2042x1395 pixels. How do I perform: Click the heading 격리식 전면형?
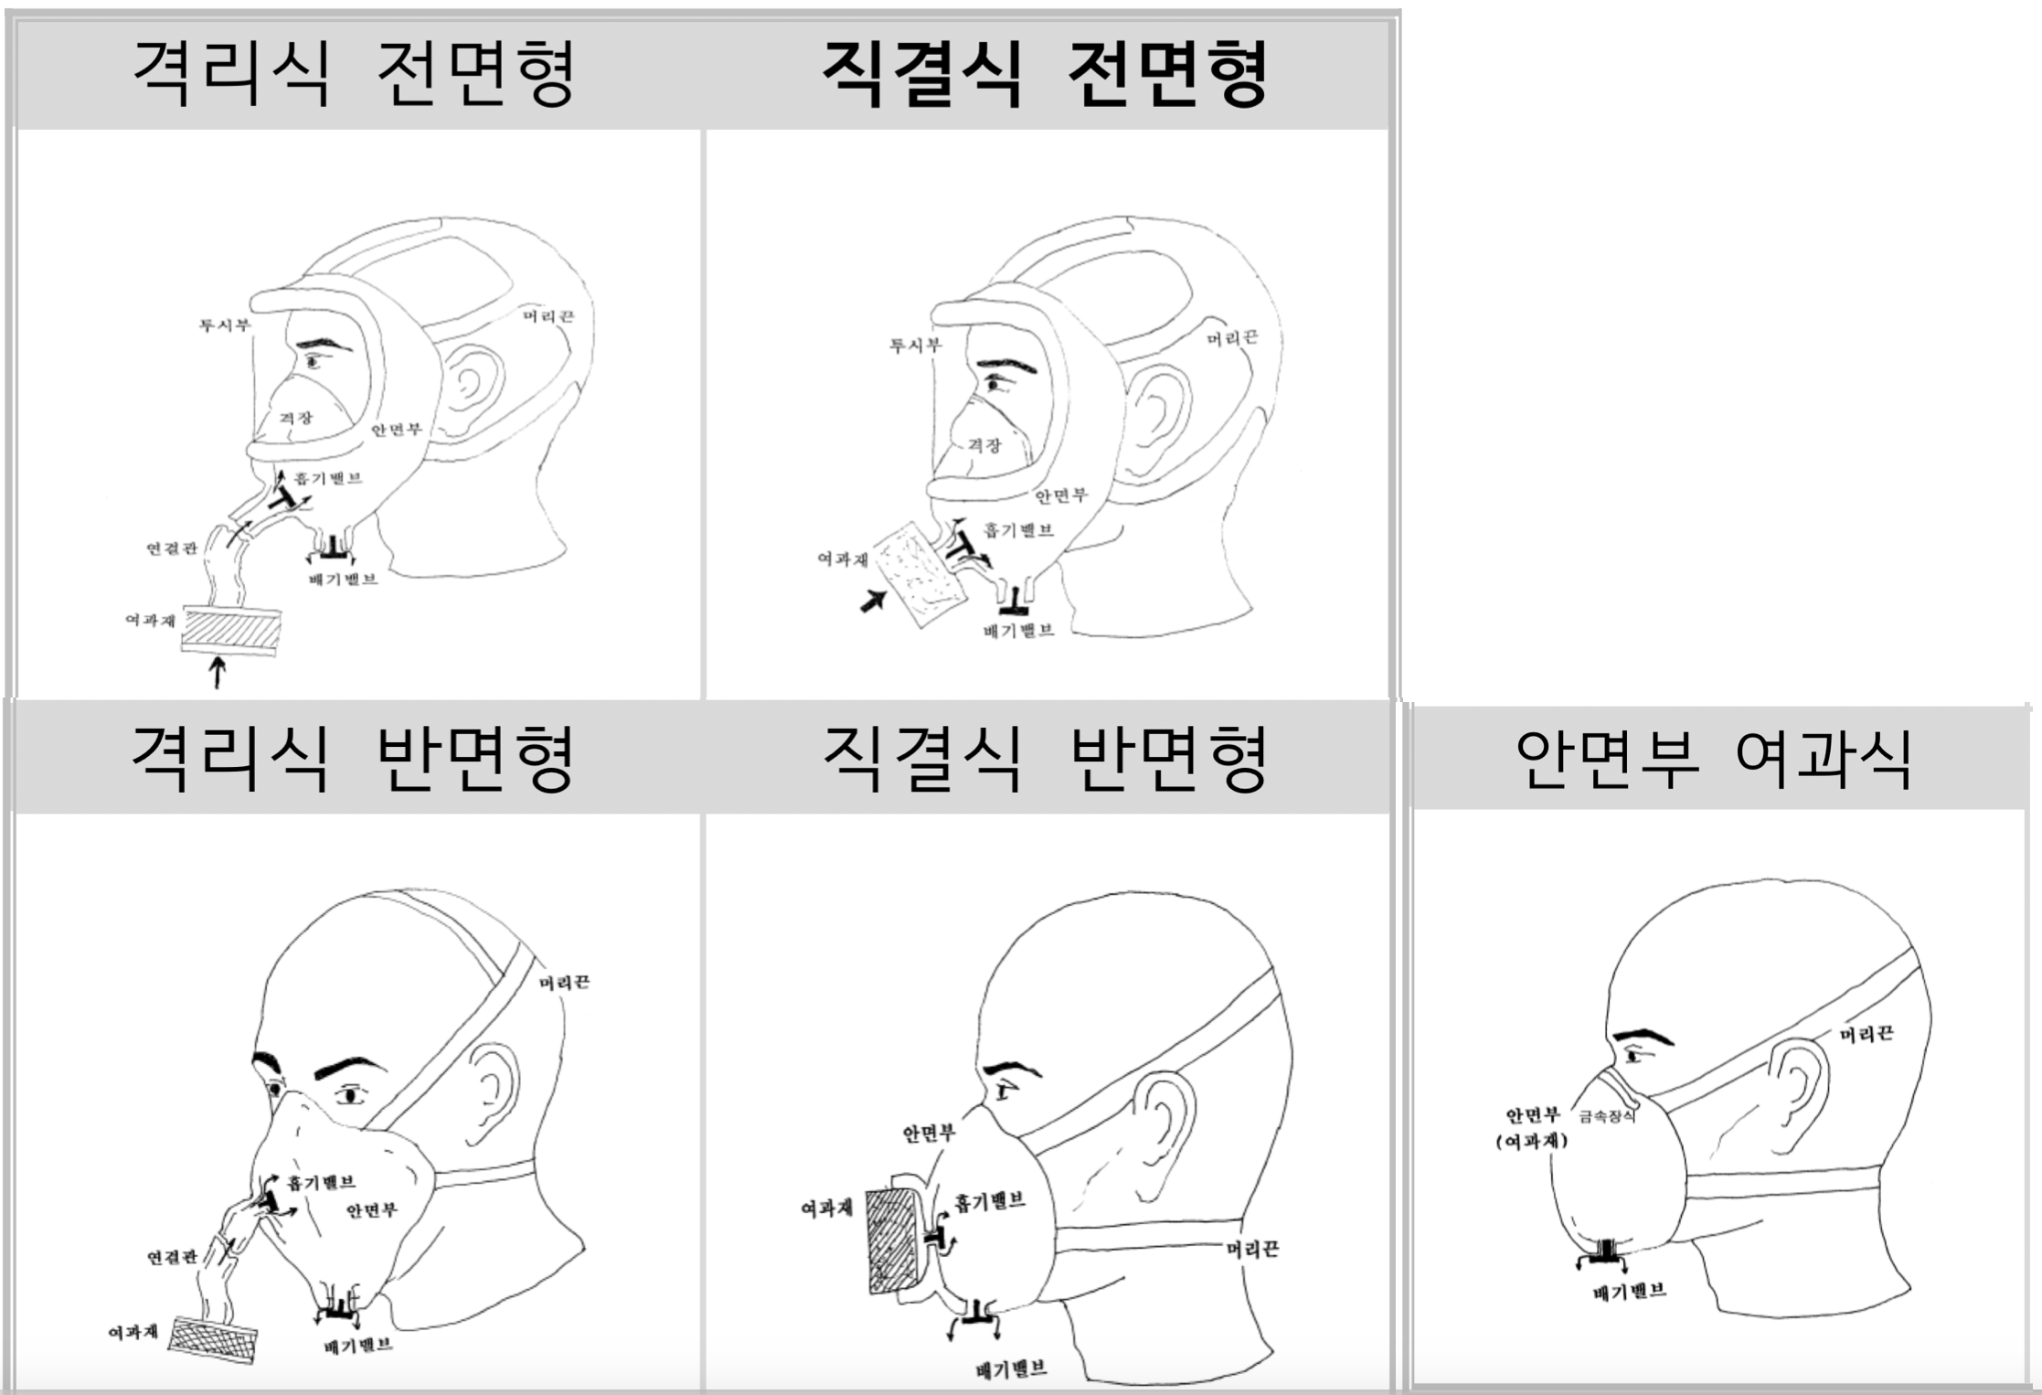coord(354,73)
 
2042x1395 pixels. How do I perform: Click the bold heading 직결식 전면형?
coord(1044,73)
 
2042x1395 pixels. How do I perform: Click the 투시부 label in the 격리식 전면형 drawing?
coord(224,325)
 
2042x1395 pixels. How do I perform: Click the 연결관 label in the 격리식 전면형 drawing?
coord(171,548)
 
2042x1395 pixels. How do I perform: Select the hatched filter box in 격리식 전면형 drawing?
coord(230,629)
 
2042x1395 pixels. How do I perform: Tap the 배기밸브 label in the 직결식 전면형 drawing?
coord(1017,631)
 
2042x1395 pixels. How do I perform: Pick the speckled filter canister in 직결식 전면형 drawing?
coord(919,572)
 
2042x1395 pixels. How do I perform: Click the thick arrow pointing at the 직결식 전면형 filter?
coord(874,601)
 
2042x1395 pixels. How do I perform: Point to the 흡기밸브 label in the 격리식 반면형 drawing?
coord(320,1182)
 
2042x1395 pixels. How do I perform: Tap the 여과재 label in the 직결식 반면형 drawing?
coord(826,1209)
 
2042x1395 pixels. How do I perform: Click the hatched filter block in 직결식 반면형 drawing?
coord(892,1240)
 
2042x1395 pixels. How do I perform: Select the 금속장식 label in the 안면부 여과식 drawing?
coord(1606,1116)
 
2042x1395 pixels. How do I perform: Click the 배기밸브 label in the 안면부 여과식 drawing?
coord(1629,1292)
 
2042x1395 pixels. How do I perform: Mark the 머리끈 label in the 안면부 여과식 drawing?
coord(1867,1034)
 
